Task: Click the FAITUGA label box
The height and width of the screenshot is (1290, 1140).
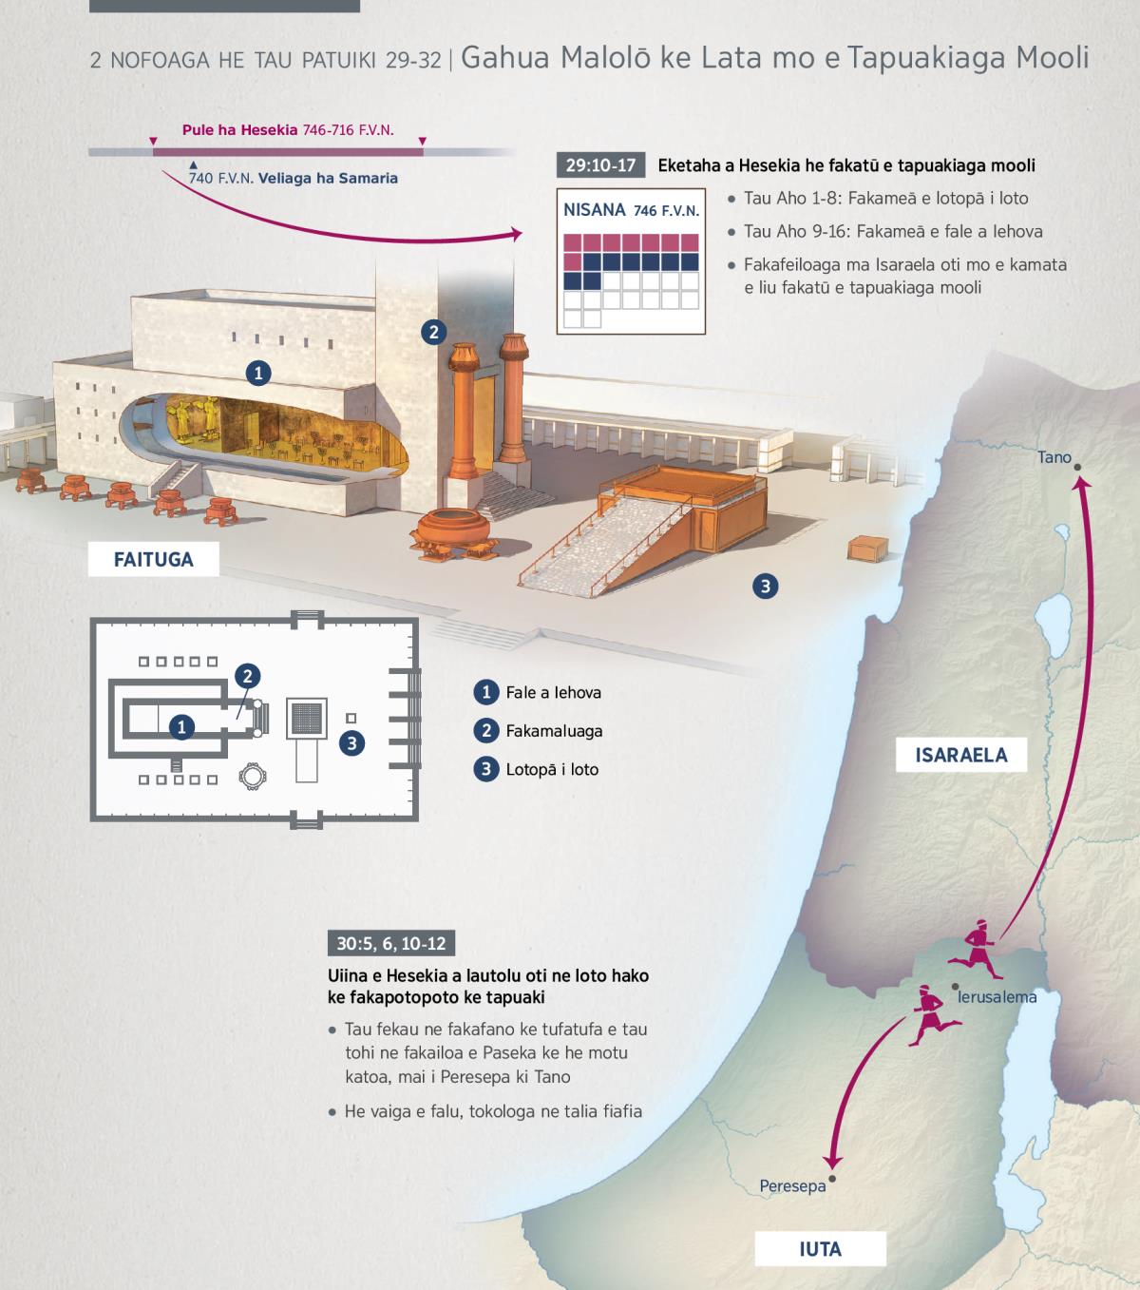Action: point(153,559)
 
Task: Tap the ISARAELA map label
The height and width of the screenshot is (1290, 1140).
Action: point(961,755)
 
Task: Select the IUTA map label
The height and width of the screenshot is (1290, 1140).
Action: point(821,1249)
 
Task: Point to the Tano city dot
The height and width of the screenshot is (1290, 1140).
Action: point(1077,468)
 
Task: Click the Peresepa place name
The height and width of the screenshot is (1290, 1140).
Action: point(792,1186)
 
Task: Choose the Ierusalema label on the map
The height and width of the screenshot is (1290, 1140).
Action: point(997,997)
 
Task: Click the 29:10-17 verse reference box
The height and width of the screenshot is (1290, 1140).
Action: point(600,165)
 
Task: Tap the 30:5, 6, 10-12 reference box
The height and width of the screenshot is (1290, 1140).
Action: point(391,943)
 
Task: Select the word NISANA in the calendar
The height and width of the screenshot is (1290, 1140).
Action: point(595,209)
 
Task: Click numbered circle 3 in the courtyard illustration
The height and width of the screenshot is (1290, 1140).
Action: point(766,587)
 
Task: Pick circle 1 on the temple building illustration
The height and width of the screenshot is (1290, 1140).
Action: point(258,373)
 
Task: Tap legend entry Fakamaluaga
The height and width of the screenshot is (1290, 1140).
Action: point(554,731)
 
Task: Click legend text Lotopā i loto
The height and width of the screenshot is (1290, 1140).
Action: point(552,769)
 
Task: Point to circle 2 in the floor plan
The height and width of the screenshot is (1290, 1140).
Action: point(248,676)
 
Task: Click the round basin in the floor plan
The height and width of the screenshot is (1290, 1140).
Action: point(253,776)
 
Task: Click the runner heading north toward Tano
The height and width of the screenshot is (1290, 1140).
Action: point(975,949)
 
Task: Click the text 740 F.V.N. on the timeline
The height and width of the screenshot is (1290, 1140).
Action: point(220,179)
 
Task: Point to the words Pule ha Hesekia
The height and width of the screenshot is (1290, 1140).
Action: point(240,130)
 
